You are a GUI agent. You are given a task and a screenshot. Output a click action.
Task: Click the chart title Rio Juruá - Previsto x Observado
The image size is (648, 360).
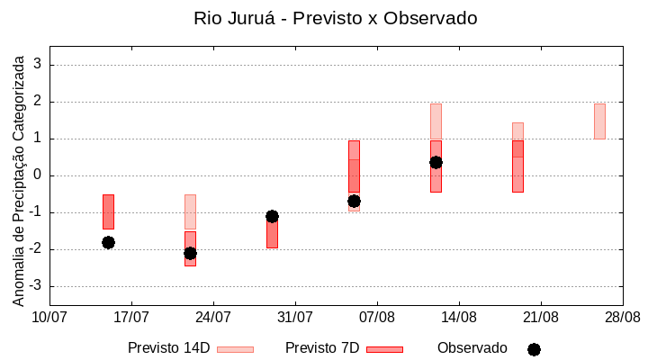click(335, 18)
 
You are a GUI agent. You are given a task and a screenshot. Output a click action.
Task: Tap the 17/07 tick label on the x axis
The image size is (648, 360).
click(131, 317)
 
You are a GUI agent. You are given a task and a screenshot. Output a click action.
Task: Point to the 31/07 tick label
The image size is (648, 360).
click(294, 317)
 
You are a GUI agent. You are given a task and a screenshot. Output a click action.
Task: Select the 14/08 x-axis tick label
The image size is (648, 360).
click(459, 317)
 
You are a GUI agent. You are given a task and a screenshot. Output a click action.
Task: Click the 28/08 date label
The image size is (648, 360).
click(622, 317)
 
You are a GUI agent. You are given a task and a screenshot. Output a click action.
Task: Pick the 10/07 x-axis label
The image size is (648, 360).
click(49, 317)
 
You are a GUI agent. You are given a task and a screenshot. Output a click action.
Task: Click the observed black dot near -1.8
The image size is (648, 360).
click(108, 242)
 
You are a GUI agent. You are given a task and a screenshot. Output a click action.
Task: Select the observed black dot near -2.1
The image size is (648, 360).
click(190, 253)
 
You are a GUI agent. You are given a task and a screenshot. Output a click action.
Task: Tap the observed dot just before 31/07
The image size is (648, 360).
click(272, 216)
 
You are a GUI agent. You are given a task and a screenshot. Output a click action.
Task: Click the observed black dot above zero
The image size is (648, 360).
click(436, 162)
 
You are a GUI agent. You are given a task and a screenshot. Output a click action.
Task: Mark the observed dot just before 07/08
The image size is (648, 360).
click(354, 201)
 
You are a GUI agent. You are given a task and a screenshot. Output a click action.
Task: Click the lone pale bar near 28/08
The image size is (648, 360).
click(599, 121)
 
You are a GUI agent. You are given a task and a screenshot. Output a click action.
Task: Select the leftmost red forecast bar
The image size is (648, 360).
click(108, 211)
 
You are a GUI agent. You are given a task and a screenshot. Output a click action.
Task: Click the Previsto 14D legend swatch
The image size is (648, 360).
click(235, 349)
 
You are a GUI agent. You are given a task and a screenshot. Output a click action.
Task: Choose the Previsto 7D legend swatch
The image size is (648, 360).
click(384, 349)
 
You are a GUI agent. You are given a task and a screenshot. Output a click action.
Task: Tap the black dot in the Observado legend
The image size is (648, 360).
click(534, 349)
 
